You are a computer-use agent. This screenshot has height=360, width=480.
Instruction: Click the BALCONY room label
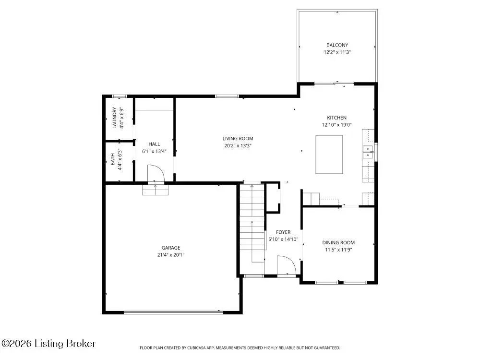coord(337,45)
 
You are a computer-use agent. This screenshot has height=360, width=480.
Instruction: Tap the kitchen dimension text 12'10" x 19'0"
coord(337,125)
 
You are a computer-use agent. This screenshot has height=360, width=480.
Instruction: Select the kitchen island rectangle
coord(329,155)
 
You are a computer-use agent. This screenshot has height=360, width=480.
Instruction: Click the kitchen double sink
coord(368,152)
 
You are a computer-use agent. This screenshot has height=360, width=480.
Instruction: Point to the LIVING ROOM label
coord(238,139)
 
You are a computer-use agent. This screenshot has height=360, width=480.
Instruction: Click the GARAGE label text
coord(171,248)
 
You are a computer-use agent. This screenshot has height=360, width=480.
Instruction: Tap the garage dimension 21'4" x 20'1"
coord(171,255)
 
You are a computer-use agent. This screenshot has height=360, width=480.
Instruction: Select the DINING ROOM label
coord(338,242)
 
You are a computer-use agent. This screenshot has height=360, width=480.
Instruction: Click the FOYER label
coord(283,232)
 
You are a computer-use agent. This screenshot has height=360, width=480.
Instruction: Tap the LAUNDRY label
coord(115,118)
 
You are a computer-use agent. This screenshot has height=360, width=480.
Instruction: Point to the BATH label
coord(113,159)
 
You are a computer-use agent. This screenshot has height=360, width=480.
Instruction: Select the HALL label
coord(154,144)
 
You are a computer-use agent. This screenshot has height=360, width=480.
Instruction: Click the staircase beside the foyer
coord(252,228)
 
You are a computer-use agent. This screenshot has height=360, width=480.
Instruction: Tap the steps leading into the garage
coord(155,190)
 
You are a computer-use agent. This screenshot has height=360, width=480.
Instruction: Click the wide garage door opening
coord(173,312)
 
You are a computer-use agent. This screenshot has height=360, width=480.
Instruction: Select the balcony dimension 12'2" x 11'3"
coord(337,52)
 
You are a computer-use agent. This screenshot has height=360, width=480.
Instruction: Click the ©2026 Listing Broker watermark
coord(48,344)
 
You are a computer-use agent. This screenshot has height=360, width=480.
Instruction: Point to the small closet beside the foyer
coord(273,197)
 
